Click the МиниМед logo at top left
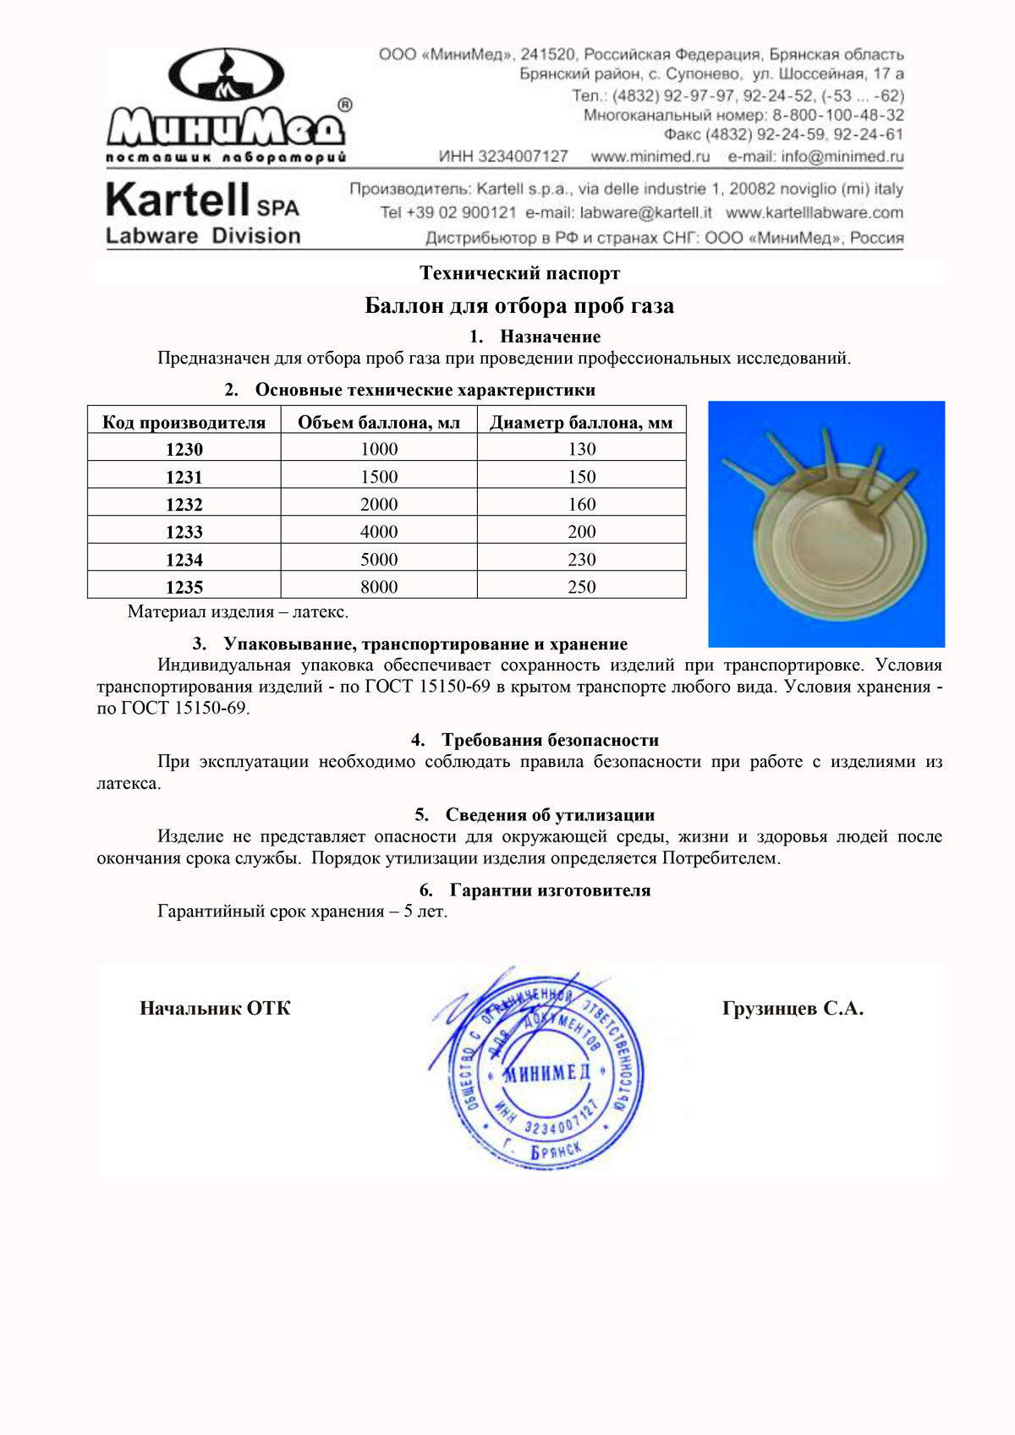point(227,105)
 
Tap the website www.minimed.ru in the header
point(650,156)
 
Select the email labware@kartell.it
point(645,213)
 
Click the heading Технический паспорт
point(519,273)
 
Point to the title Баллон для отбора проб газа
point(519,305)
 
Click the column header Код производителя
point(184,422)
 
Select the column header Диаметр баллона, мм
point(581,422)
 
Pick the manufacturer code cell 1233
point(184,532)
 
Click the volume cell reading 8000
point(379,587)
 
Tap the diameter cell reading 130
point(582,449)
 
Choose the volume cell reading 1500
point(379,477)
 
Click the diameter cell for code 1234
point(582,560)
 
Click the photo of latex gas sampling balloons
point(826,524)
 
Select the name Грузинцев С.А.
point(793,1008)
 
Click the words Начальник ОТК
point(215,1008)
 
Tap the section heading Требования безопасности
point(550,740)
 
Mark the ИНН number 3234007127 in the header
point(523,156)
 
